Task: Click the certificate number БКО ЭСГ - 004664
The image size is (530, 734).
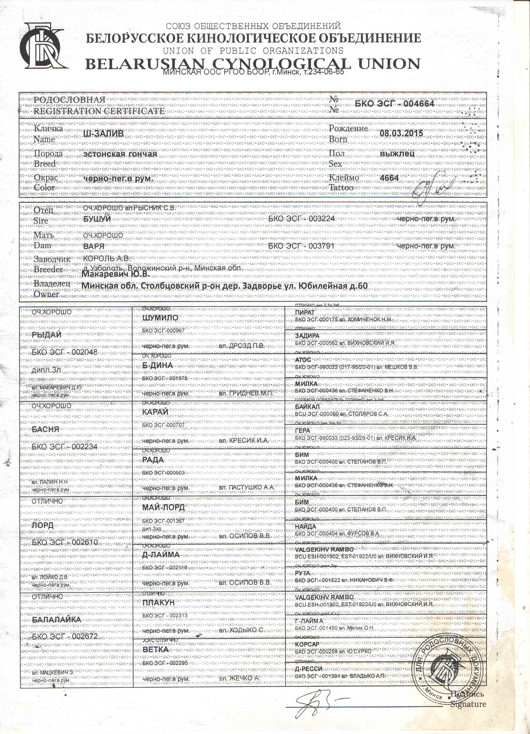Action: click(394, 103)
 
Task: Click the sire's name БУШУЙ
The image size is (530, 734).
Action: click(97, 219)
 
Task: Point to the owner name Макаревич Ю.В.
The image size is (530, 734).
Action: click(115, 274)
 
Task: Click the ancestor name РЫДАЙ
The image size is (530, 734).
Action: click(47, 335)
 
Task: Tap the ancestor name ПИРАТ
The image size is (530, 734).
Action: click(305, 313)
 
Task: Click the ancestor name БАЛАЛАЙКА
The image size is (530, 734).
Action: click(57, 619)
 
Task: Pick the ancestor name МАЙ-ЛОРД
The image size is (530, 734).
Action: click(163, 507)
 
